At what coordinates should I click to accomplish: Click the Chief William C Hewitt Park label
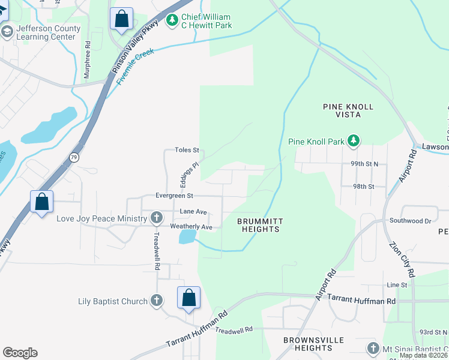click(x=207, y=22)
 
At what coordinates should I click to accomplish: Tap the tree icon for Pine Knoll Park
click(x=354, y=141)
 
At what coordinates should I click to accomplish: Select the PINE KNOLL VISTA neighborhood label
click(x=348, y=112)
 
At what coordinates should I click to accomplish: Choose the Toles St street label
click(x=186, y=150)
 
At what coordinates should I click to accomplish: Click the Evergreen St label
click(x=173, y=196)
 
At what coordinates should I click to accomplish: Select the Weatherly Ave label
click(x=191, y=227)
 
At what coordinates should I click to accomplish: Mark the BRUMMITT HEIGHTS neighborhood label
click(x=259, y=226)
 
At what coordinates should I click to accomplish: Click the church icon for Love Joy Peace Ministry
click(x=156, y=218)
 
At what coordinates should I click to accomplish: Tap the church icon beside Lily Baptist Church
click(x=156, y=301)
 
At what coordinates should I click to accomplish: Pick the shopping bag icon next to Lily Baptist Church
click(x=188, y=298)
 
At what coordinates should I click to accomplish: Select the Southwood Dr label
click(x=410, y=221)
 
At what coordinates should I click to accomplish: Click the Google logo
click(x=20, y=353)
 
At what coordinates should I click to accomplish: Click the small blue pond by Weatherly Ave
click(x=187, y=236)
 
